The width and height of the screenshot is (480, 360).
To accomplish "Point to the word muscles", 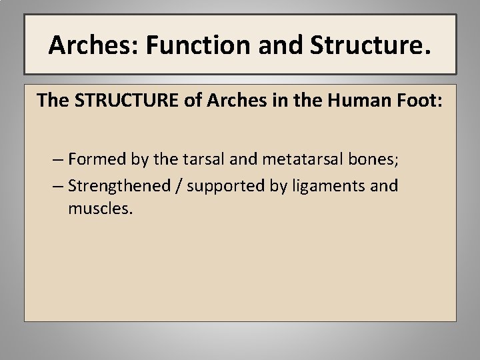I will pyautogui.click(x=100, y=209).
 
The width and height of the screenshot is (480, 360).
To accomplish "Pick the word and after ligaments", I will pyautogui.click(x=383, y=185).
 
